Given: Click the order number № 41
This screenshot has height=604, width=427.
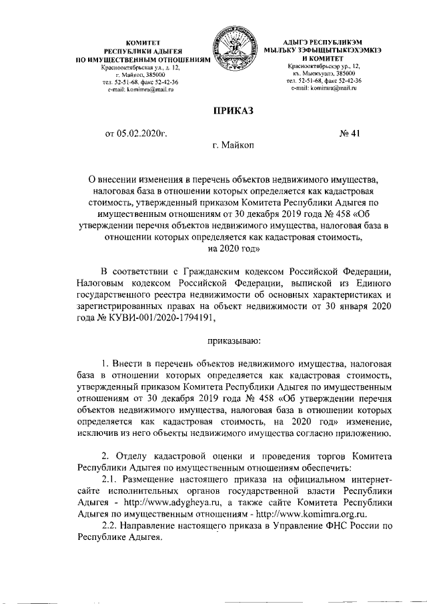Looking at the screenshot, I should tap(350, 133).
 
